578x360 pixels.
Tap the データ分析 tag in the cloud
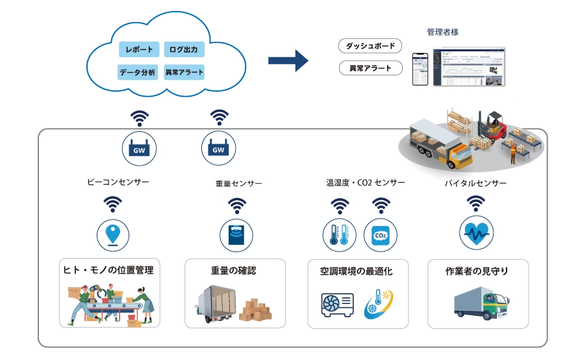[137, 72]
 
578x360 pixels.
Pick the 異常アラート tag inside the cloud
[184, 72]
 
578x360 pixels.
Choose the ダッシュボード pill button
[370, 46]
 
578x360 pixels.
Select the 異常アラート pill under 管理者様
[370, 68]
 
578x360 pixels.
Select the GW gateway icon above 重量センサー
[218, 148]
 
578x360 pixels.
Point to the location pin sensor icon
[113, 234]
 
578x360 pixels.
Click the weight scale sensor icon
[236, 235]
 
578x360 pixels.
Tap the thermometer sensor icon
[339, 235]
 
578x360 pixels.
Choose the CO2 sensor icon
[380, 235]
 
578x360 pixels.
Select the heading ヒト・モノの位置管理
[108, 270]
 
